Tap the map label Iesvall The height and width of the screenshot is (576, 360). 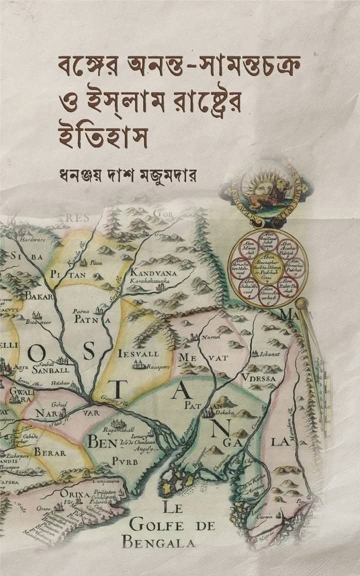point(138,354)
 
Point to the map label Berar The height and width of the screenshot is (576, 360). point(49,453)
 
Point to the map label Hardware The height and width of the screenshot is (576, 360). point(32,240)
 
